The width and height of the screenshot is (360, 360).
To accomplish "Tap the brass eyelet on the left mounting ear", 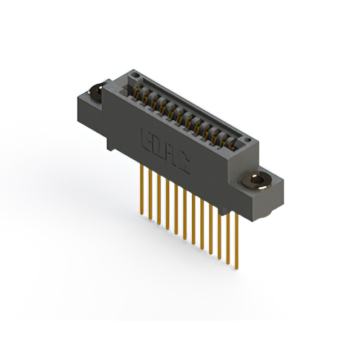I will point(96,89).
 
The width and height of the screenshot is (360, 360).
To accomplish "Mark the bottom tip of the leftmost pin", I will point(141,213).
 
